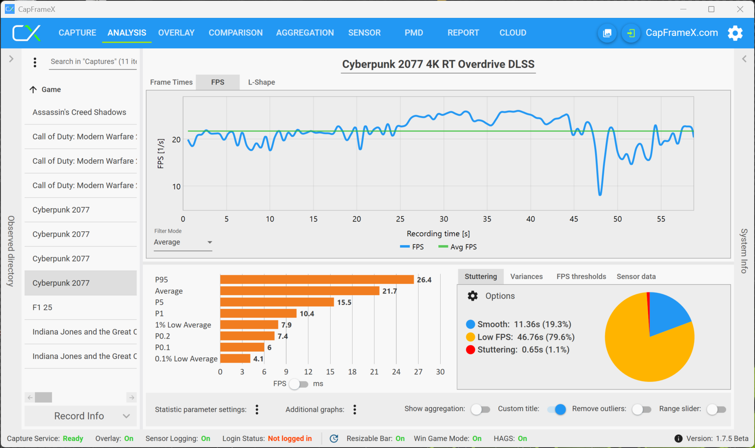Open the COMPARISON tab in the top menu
(236, 33)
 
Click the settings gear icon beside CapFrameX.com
(735, 33)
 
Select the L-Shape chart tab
(262, 82)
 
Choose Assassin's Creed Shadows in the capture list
(80, 112)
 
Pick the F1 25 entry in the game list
(43, 307)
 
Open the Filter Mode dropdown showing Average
(183, 242)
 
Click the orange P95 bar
(317, 280)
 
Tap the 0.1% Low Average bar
(235, 359)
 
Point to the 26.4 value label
(424, 280)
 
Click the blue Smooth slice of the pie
(666, 313)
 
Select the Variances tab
(526, 276)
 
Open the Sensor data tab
(636, 276)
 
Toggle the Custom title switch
(557, 409)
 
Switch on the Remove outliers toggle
(641, 409)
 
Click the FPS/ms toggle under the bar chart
(299, 384)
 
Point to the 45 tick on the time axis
(574, 219)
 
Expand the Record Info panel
(80, 416)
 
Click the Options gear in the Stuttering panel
(473, 296)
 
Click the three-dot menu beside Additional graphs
(355, 409)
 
